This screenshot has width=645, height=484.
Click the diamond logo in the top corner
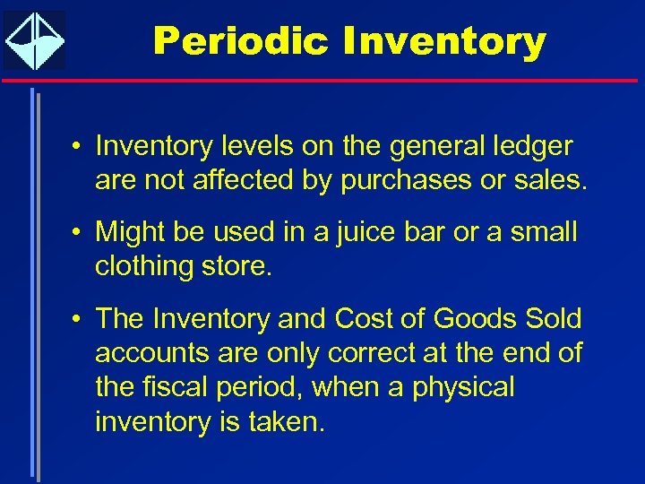[35, 40]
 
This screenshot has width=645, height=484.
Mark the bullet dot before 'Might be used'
[78, 233]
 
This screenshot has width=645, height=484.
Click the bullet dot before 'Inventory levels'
[78, 146]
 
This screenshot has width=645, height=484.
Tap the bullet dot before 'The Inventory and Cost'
[78, 319]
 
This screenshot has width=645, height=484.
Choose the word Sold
[553, 318]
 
